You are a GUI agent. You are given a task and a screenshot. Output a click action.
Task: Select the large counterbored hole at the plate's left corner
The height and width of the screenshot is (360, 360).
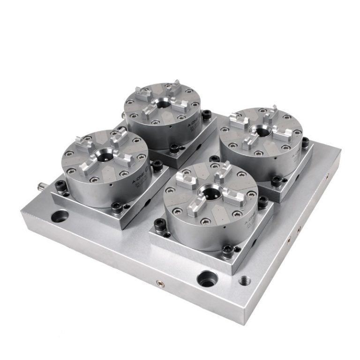(x=60, y=217)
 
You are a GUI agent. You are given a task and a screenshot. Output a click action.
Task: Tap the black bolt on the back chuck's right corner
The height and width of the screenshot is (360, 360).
(x=206, y=114)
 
